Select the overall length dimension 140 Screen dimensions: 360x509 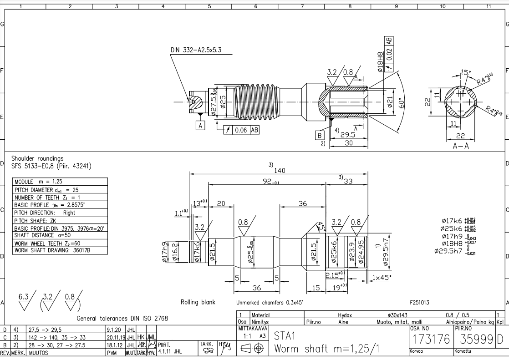pyautogui.click(x=280, y=170)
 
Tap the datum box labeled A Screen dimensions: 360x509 pyautogui.click(x=201, y=124)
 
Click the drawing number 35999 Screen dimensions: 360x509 pyautogui.click(x=474, y=340)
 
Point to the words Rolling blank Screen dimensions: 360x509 pyautogui.click(x=198, y=302)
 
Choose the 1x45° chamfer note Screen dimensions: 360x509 pyautogui.click(x=382, y=277)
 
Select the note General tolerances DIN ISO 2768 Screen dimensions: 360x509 pyautogui.click(x=122, y=319)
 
